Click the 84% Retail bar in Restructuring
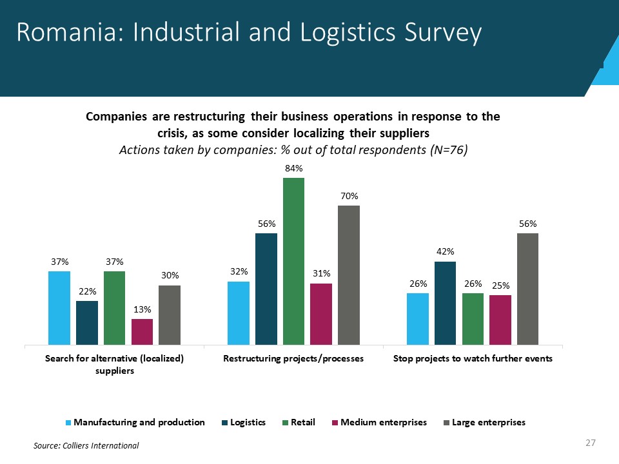[293, 261]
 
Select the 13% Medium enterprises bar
[142, 332]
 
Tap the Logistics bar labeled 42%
[445, 303]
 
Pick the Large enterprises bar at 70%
[349, 275]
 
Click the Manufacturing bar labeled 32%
[239, 313]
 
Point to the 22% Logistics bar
[87, 323]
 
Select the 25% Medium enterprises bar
[500, 320]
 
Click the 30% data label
[170, 275]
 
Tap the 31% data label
[321, 273]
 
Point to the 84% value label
[293, 168]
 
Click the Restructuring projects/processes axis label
[293, 358]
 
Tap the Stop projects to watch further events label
[473, 358]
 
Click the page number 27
[589, 443]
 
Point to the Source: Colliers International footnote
[86, 445]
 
